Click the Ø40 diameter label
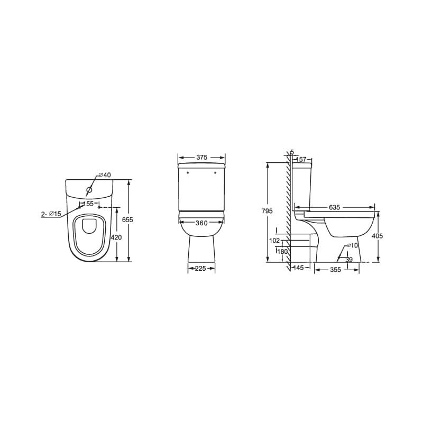(x=104, y=175)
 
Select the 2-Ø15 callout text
(x=51, y=214)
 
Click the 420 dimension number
(x=116, y=237)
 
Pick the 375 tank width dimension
(x=201, y=158)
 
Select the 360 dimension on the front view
(x=201, y=223)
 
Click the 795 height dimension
(x=267, y=211)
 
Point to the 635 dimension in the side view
(x=334, y=207)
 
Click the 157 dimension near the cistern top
(x=301, y=159)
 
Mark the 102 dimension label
(x=274, y=240)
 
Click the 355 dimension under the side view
(x=335, y=270)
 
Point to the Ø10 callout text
(x=352, y=245)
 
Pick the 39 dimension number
(x=348, y=260)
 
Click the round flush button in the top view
(x=89, y=189)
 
